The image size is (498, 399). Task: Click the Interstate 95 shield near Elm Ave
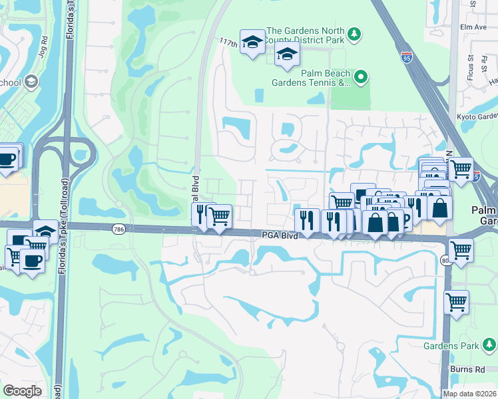(x=407, y=58)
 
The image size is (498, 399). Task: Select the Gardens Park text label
(x=451, y=345)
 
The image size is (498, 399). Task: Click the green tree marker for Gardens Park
(x=489, y=344)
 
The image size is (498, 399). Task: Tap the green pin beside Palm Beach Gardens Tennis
(x=361, y=77)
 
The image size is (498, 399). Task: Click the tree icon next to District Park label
(x=355, y=33)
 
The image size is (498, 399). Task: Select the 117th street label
(x=228, y=42)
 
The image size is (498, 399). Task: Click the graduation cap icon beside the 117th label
(x=252, y=43)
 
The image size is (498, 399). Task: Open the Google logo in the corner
(x=22, y=391)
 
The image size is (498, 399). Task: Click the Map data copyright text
(x=469, y=394)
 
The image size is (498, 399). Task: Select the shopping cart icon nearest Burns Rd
(x=456, y=302)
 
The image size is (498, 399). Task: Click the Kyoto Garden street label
(x=474, y=116)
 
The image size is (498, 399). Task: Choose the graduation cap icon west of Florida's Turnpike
(x=45, y=231)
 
